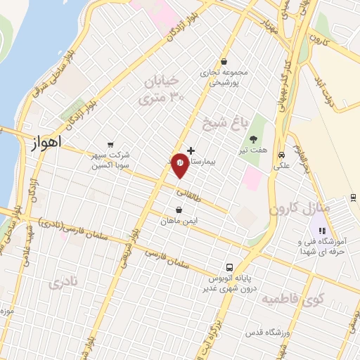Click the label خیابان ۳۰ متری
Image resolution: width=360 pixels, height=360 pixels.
(162, 90)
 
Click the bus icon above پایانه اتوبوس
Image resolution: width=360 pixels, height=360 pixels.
(229, 267)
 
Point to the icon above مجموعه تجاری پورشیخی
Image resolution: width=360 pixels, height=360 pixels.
(224, 62)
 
